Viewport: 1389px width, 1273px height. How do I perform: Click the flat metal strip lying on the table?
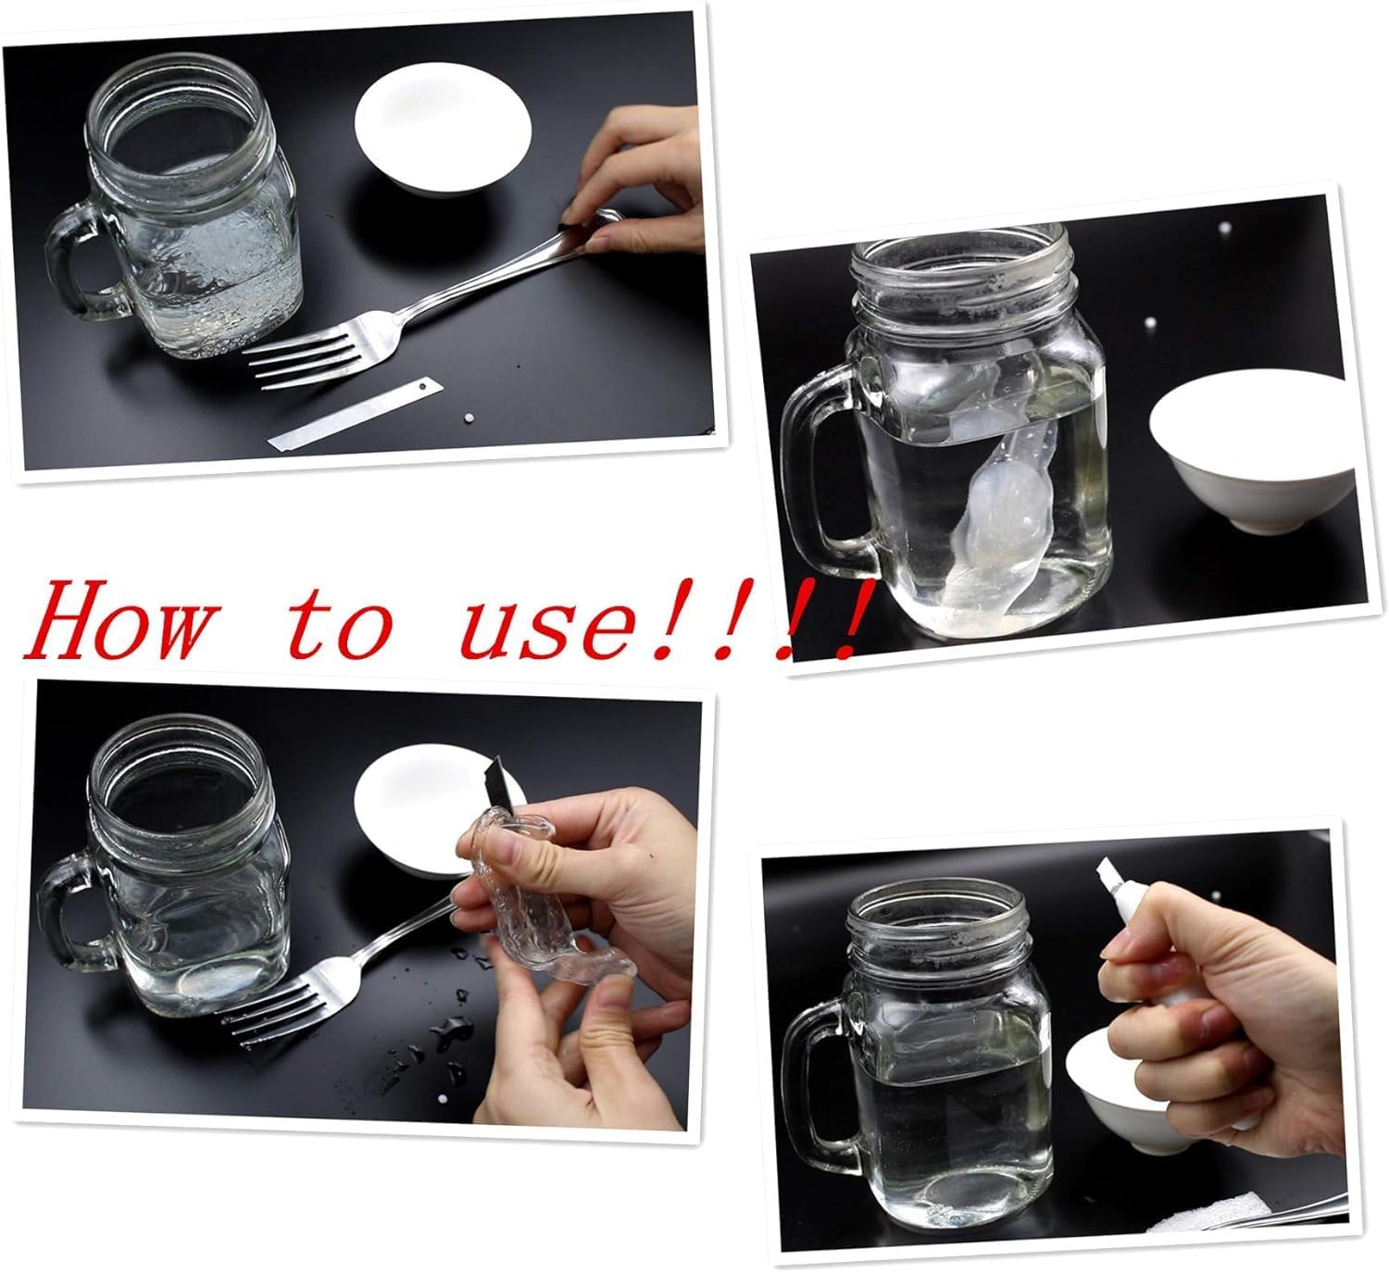[356, 415]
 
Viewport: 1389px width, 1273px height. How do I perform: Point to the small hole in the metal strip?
[421, 383]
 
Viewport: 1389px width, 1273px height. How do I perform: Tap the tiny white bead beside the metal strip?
[469, 418]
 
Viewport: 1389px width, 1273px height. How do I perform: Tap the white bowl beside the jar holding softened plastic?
[1253, 450]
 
